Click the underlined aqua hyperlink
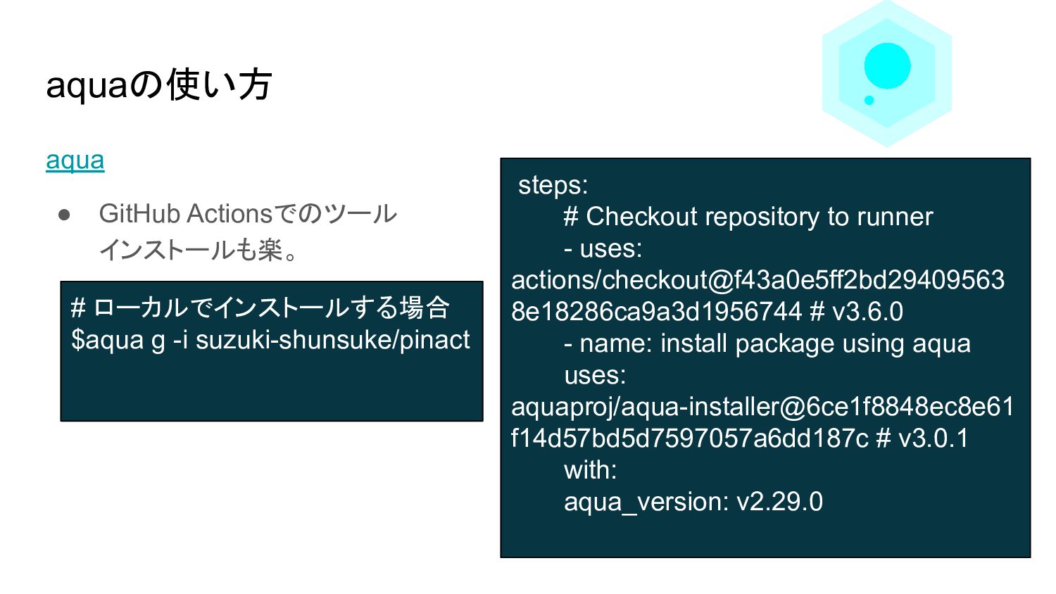pos(75,160)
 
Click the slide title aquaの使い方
pos(158,85)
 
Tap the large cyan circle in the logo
pos(887,66)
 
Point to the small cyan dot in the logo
pos(869,100)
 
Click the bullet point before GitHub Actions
pos(65,215)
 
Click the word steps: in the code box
pos(553,185)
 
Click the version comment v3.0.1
pos(934,438)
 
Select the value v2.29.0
pos(779,502)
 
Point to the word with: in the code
pos(590,470)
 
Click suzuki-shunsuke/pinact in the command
pos(332,340)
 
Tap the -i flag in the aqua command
pos(180,340)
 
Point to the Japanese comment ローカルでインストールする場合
pos(271,308)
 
